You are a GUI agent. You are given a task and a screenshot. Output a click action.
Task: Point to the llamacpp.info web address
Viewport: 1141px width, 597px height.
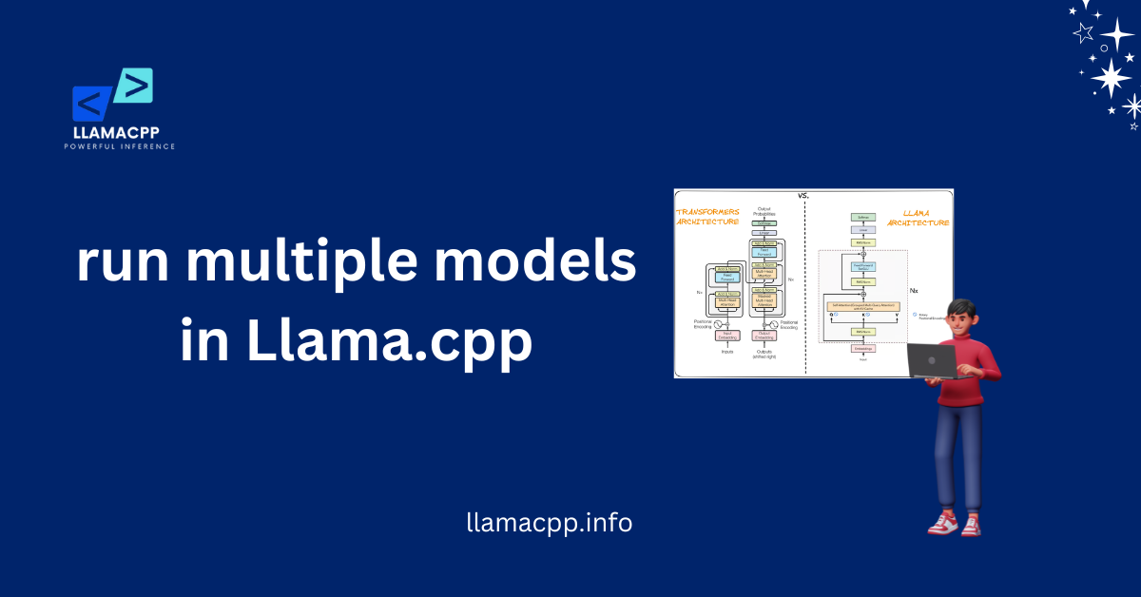pyautogui.click(x=550, y=522)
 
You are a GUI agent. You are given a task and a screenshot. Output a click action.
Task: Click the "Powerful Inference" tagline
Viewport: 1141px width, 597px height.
pyautogui.click(x=120, y=146)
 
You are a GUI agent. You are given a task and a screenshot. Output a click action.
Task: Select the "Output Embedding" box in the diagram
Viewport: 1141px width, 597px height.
pyautogui.click(x=763, y=335)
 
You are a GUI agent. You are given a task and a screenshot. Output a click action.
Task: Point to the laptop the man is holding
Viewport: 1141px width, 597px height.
pyautogui.click(x=931, y=359)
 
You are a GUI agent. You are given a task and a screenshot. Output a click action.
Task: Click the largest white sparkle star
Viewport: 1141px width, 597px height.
pyautogui.click(x=1111, y=76)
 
